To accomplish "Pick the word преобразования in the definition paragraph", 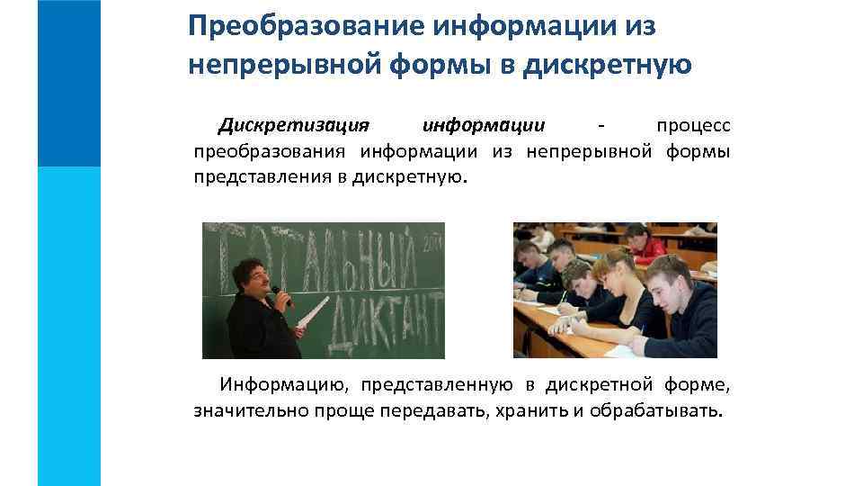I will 271,150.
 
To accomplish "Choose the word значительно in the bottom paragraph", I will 251,412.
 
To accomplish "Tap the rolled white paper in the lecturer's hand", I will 309,310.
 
